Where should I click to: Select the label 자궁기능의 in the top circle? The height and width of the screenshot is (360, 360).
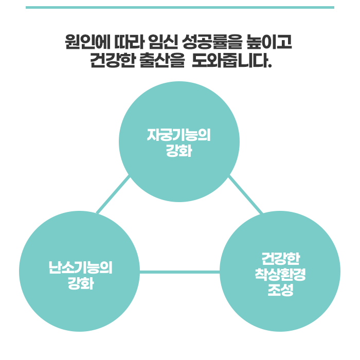click(179, 135)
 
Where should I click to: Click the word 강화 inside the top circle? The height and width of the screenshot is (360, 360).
click(179, 152)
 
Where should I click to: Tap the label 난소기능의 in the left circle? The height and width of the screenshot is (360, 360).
click(79, 267)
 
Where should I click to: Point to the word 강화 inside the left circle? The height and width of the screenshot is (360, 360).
click(80, 283)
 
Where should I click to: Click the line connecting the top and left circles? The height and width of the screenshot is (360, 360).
click(113, 195)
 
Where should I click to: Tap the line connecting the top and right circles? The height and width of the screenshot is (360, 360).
click(245, 194)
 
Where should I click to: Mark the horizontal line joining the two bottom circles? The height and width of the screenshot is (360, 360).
click(179, 272)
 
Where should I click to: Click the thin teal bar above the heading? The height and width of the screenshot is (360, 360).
click(179, 7)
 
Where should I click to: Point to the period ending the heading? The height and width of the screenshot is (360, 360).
click(269, 67)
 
